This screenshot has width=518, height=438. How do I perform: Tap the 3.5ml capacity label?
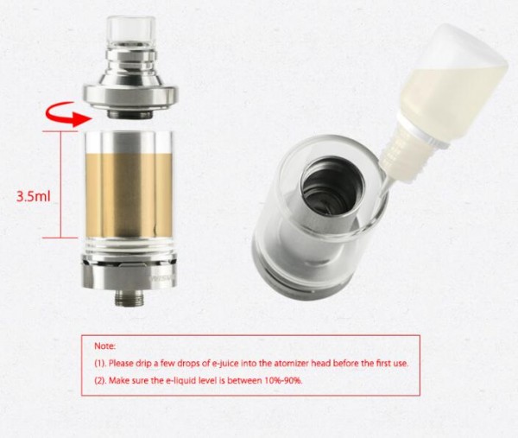tap(34, 196)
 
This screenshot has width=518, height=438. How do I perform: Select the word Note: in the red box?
tap(105, 346)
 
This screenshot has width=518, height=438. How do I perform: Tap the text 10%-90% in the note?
tap(283, 380)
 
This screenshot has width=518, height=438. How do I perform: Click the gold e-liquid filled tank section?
tap(129, 195)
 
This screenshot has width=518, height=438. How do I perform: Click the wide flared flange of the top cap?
tap(130, 96)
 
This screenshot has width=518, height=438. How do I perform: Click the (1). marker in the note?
tap(100, 364)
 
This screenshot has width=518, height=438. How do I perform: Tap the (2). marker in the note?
tap(100, 380)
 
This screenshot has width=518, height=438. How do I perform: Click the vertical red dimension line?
tap(60, 185)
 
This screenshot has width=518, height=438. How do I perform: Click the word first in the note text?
tap(382, 363)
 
